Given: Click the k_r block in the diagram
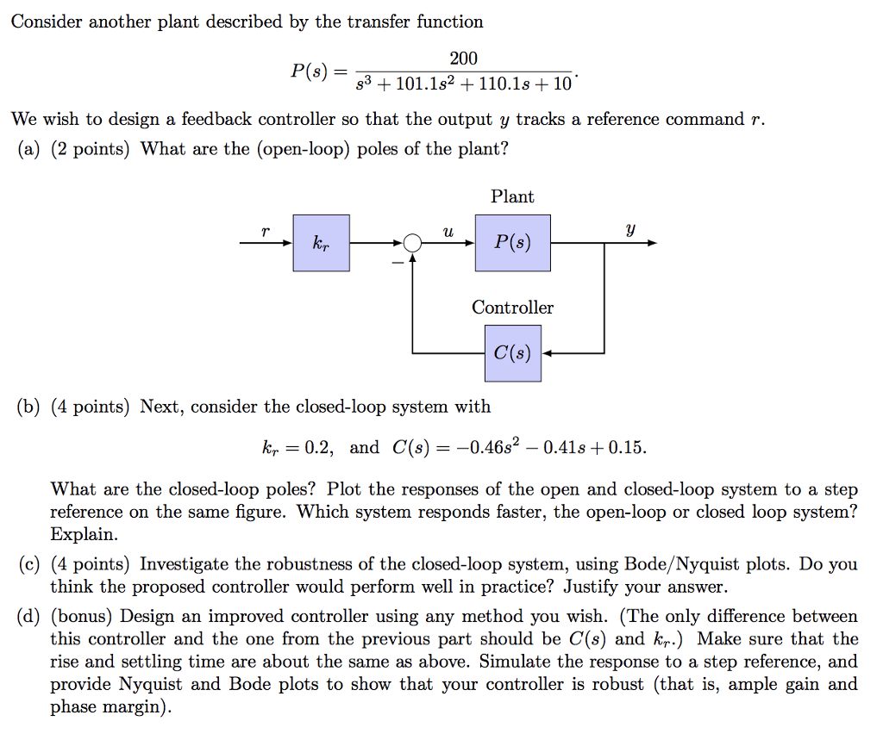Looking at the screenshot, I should coord(321,243).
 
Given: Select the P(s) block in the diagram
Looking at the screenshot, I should coord(512,243).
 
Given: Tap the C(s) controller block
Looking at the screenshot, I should coord(512,352).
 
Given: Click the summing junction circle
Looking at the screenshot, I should coord(412,244).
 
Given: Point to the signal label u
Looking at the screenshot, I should coord(447,232).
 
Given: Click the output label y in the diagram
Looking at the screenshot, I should coord(630,231).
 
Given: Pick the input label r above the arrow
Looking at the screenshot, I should coord(266,232).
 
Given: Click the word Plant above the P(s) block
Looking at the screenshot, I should coord(512,196).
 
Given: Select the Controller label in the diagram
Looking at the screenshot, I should coord(512,308).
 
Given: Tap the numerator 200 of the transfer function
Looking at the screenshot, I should coord(463,59).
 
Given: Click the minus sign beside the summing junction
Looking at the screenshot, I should coord(398,261).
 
